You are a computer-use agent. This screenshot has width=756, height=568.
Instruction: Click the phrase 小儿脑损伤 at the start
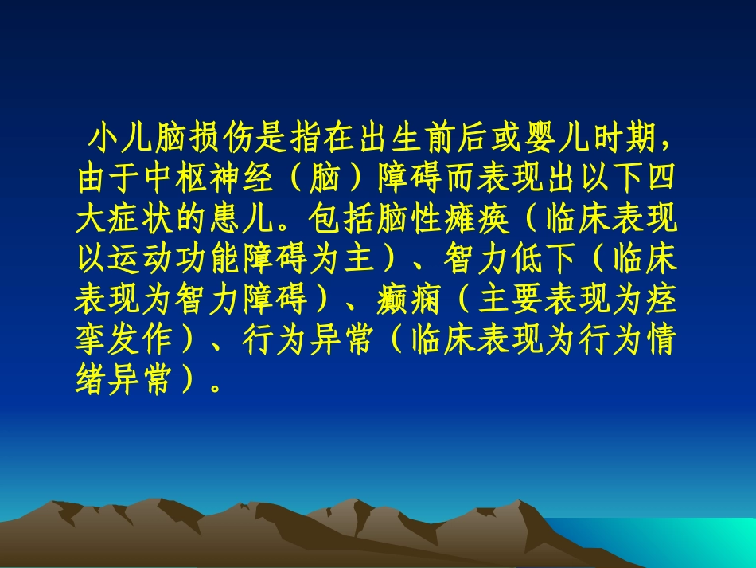[x=171, y=139]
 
